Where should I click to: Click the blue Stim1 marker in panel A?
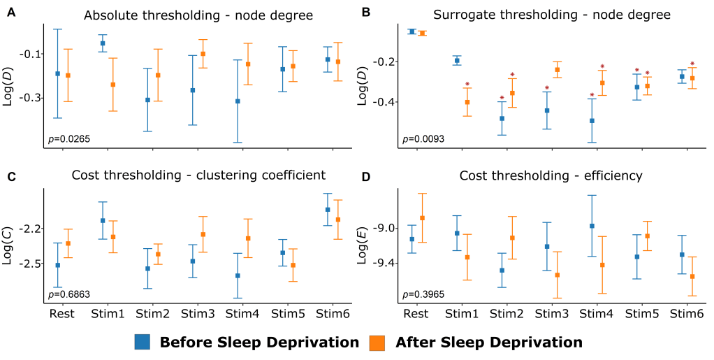tap(103, 43)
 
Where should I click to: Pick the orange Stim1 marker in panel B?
tap(467, 102)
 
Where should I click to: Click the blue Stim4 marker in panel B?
tap(592, 121)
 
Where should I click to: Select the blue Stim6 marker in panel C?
tap(328, 209)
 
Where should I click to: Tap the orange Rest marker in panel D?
tap(422, 218)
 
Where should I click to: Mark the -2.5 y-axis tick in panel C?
tap(29, 264)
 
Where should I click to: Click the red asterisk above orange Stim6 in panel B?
tap(692, 64)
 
